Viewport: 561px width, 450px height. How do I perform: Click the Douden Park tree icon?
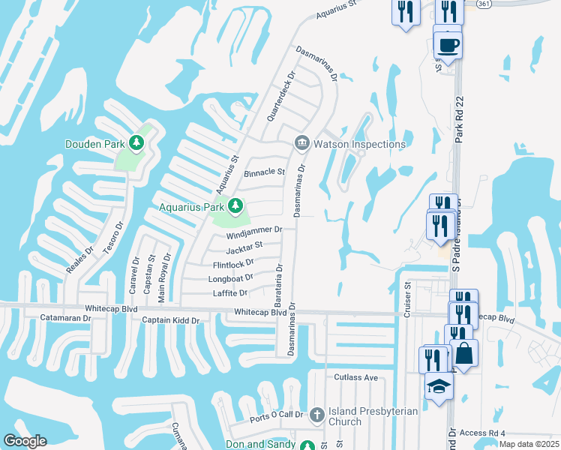[x=136, y=142]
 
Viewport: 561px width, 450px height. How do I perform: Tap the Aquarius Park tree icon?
[x=235, y=205]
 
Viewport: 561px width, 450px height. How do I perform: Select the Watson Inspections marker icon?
[x=301, y=142]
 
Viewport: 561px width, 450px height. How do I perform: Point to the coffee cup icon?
[x=448, y=44]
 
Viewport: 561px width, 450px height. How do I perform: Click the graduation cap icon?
[x=439, y=386]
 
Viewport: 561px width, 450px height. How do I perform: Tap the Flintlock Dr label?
[x=233, y=263]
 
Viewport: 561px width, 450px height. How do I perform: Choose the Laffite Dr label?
[x=230, y=293]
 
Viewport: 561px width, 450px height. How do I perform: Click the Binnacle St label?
[x=264, y=172]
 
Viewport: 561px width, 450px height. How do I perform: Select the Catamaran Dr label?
[x=66, y=319]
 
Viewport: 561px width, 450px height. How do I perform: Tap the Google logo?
[x=25, y=441]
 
